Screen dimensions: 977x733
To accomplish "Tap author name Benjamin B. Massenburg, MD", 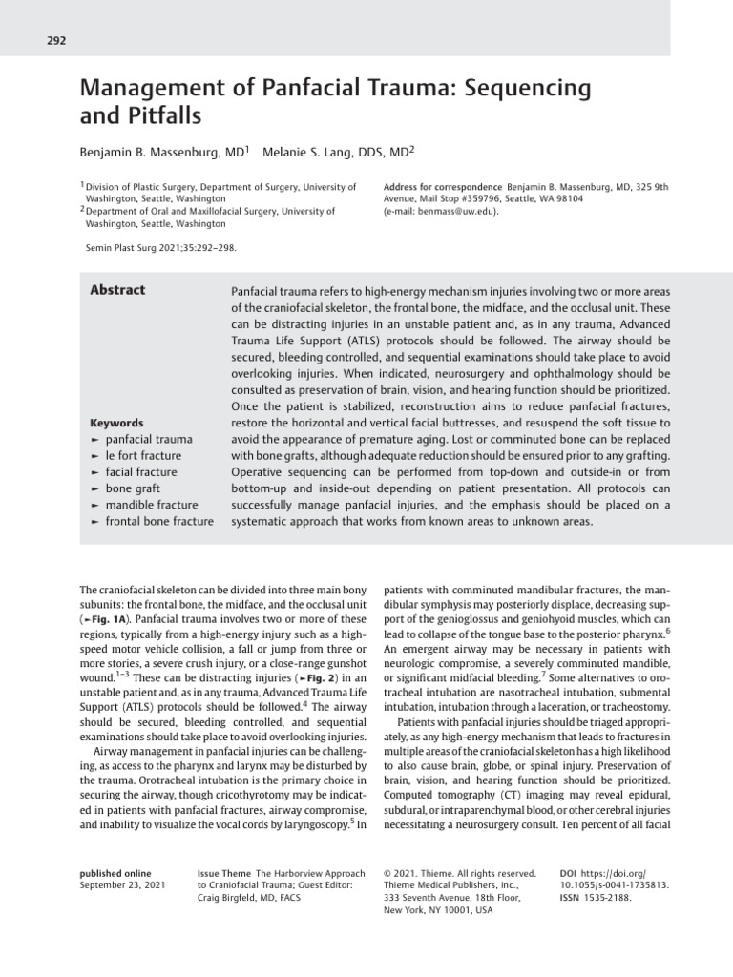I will click(x=161, y=152).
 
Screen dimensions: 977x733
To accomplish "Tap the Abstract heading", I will click(x=117, y=291).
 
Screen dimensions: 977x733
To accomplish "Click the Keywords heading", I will click(x=115, y=423).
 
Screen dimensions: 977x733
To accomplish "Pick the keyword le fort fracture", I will click(x=142, y=456).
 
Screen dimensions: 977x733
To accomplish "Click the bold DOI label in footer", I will click(x=569, y=873).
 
